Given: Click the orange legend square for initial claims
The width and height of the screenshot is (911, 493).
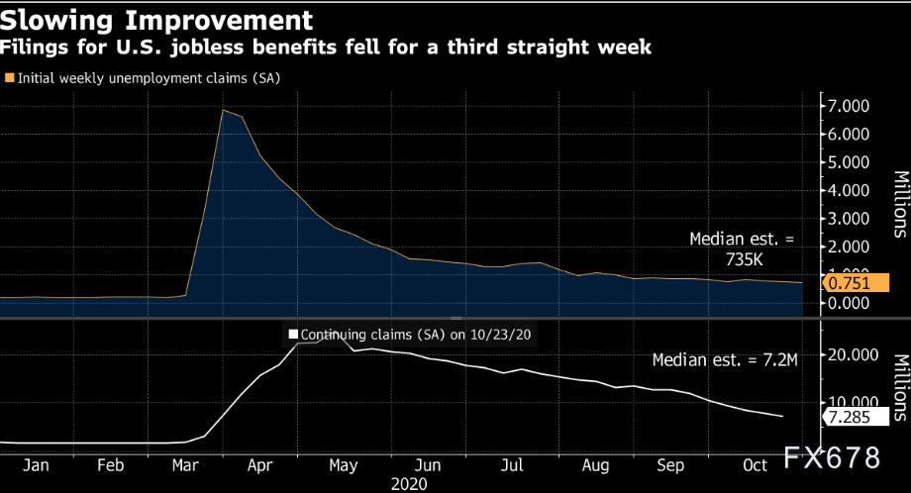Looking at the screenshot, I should (10, 77).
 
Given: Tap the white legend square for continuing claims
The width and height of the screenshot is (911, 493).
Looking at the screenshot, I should (292, 335).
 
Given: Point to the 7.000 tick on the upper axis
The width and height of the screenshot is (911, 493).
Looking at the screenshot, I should (849, 106).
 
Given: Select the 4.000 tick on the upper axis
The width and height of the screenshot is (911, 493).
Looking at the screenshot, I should (849, 191).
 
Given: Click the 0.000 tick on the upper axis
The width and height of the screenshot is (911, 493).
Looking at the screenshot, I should (849, 304).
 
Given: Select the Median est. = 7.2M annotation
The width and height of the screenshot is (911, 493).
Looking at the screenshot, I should (725, 359).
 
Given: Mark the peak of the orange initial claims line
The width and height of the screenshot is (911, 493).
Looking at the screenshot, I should (224, 110).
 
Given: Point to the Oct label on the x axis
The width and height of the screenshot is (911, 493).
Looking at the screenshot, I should (754, 464).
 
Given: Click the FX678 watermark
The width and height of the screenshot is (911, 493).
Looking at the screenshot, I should (832, 459).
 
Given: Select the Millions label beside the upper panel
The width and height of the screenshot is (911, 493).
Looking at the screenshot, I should (900, 205).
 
